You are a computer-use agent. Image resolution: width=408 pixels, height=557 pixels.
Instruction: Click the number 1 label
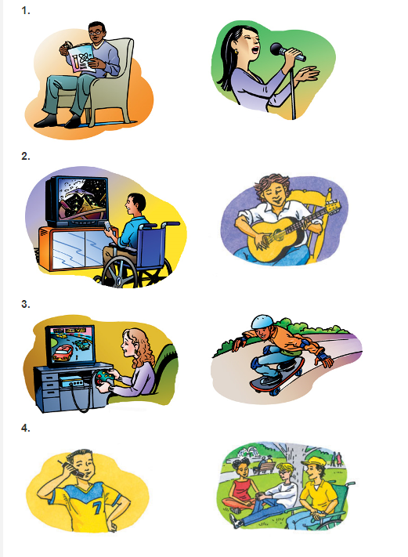coord(26,11)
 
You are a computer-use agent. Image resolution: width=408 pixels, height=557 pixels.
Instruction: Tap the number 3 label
coord(26,304)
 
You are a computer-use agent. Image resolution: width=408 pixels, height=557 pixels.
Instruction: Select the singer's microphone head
coord(278,49)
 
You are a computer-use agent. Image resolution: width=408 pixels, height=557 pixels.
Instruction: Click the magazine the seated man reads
coord(81,58)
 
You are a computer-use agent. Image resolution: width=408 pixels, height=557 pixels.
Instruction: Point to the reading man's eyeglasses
coord(96,32)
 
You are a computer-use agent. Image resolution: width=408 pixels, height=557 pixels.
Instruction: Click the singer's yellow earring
coord(236,52)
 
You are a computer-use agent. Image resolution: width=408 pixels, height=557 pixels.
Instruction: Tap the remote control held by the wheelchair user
coord(107,226)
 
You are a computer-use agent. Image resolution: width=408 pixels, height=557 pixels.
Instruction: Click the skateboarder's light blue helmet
coord(262,322)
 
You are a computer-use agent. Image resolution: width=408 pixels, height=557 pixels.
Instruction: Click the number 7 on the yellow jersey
coord(97,508)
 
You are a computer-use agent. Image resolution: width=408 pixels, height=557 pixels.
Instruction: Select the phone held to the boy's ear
coord(73,467)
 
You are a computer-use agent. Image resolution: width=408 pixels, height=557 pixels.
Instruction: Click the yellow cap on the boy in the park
coord(312,461)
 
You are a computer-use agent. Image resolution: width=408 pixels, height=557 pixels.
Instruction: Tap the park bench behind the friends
coord(265,466)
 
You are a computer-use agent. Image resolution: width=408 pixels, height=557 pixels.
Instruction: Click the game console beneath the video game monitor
coord(71,382)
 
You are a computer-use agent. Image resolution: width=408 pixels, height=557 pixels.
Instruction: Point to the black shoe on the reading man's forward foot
coord(45,121)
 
